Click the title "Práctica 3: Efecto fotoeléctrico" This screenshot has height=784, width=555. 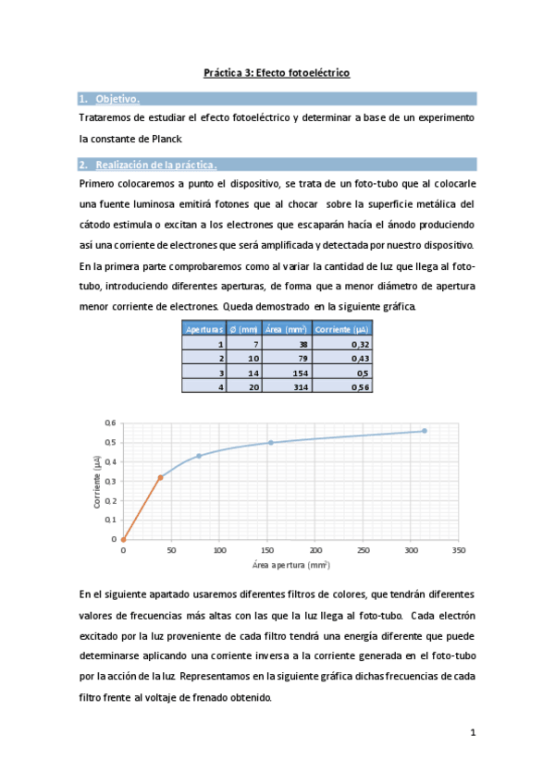[277, 72]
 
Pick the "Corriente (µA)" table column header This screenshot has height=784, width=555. [342, 328]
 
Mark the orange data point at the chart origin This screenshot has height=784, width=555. [123, 539]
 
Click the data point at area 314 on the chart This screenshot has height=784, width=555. [425, 431]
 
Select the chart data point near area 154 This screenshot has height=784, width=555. [271, 442]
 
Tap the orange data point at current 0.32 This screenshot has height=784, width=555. [160, 477]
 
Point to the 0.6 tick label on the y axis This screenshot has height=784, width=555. [110, 423]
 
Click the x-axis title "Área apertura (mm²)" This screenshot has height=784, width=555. [290, 563]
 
